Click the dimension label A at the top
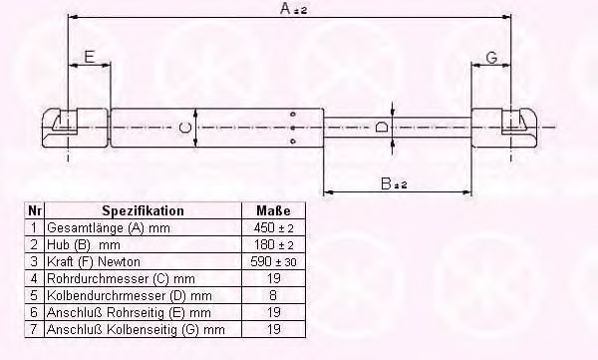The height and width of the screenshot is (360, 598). pyautogui.click(x=293, y=8)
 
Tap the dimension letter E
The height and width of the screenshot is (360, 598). pyautogui.click(x=89, y=57)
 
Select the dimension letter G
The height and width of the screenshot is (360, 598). pyautogui.click(x=492, y=58)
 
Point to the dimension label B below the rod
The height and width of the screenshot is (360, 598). pyautogui.click(x=394, y=183)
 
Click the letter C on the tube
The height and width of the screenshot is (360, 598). pyautogui.click(x=185, y=127)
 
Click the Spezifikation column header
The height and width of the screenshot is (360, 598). pyautogui.click(x=143, y=210)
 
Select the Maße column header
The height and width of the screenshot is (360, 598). pyautogui.click(x=273, y=210)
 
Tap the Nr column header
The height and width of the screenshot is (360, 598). pyautogui.click(x=35, y=210)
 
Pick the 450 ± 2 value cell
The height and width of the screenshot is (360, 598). pyautogui.click(x=273, y=228)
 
